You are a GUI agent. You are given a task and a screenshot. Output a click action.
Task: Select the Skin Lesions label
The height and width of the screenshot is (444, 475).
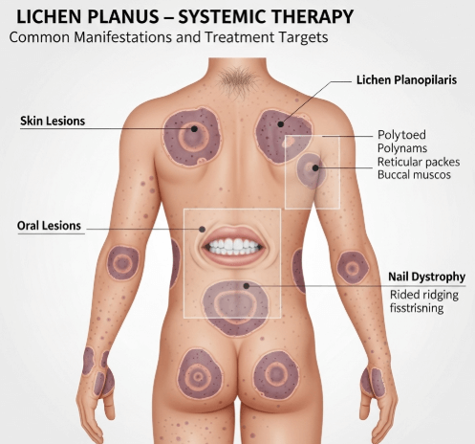tap(53, 122)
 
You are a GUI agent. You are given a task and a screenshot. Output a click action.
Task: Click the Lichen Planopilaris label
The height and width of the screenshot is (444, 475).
tap(406, 79)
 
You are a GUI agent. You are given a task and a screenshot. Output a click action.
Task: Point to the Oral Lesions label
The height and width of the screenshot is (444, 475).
tap(49, 226)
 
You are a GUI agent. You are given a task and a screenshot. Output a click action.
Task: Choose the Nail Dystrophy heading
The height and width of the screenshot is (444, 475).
tap(426, 277)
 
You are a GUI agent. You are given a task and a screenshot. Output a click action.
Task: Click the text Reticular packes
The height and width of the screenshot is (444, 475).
tap(419, 162)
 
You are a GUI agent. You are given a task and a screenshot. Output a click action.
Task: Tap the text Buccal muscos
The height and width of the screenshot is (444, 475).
tap(414, 175)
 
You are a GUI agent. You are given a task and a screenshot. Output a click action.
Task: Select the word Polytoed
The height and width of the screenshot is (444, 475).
tap(401, 135)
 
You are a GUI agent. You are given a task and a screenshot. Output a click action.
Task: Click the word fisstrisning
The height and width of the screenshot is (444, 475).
tap(417, 308)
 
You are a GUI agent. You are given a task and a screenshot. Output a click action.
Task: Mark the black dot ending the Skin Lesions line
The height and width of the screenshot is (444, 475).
tap(194, 129)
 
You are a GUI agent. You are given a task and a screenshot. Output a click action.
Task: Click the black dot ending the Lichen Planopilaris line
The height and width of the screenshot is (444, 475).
tap(280, 124)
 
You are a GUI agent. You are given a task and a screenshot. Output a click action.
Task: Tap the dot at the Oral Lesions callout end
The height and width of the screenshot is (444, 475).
tap(202, 229)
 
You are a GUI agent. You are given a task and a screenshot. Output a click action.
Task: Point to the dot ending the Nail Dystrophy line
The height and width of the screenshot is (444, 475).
tap(246, 286)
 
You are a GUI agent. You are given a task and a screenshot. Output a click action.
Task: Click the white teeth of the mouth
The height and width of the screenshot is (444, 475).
tap(234, 246)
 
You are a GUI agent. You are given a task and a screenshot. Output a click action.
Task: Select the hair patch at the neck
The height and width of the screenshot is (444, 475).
tap(237, 78)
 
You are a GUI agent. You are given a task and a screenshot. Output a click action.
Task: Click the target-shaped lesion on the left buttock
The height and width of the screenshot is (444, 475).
tap(200, 374)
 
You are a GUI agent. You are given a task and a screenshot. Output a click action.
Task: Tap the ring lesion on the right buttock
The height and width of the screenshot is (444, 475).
tap(276, 375)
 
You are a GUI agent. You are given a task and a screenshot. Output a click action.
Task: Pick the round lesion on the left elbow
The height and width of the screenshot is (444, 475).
tap(123, 263)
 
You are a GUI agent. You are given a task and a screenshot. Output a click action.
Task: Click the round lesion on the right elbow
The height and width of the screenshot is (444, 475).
tap(353, 268)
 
